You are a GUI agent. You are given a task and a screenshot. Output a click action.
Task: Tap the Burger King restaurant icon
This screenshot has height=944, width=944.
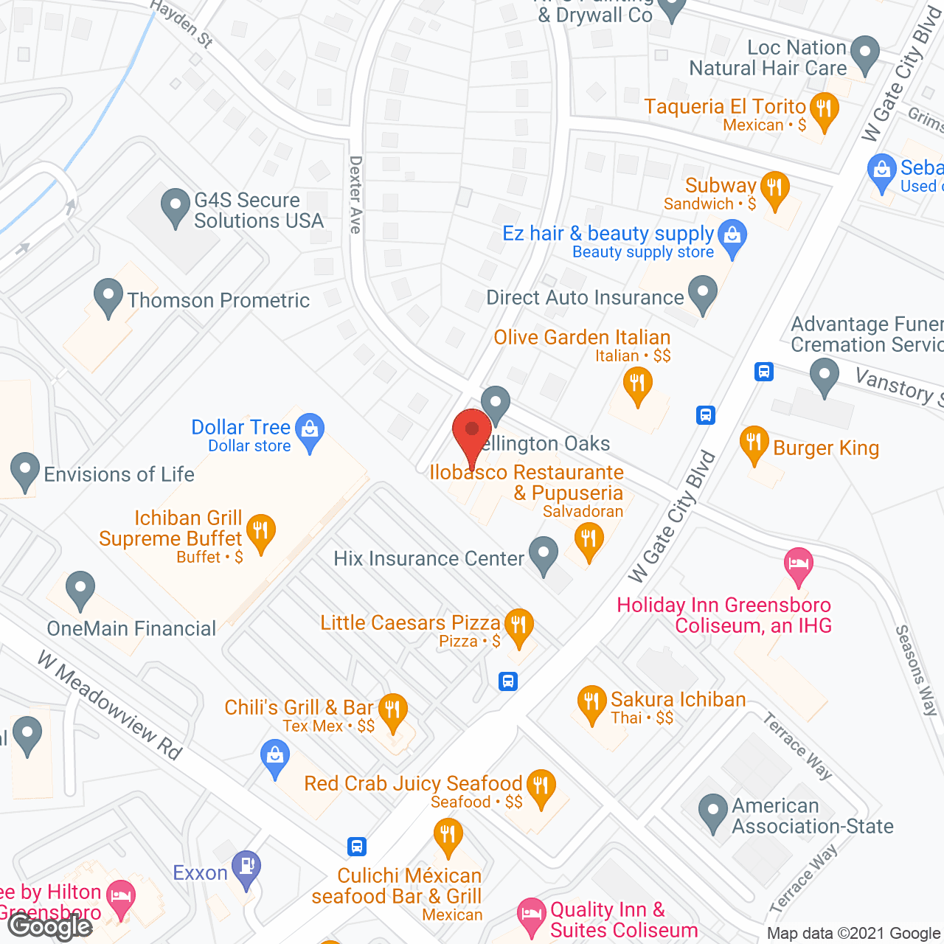click(x=754, y=444)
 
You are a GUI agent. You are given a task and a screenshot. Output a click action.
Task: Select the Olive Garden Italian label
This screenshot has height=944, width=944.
click(x=582, y=338)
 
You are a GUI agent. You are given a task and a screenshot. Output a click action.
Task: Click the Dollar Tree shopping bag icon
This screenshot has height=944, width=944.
click(x=310, y=431)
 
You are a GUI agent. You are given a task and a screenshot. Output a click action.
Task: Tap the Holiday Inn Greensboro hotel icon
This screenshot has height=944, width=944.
click(x=798, y=565)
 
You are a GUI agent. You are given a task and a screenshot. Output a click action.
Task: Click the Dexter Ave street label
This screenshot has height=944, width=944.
click(x=356, y=195)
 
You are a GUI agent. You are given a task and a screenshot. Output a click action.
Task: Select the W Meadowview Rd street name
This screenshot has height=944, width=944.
click(x=110, y=706)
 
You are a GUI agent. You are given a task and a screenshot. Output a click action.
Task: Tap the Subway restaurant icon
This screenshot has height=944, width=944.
click(x=774, y=189)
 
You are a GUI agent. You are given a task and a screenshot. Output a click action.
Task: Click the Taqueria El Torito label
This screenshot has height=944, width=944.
click(x=725, y=107)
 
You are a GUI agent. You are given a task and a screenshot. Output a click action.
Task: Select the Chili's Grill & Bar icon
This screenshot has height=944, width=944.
click(x=393, y=711)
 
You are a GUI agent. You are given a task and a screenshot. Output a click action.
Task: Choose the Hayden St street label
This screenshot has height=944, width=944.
click(x=181, y=24)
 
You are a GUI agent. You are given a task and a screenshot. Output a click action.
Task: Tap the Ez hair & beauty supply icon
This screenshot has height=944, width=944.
click(x=732, y=239)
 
